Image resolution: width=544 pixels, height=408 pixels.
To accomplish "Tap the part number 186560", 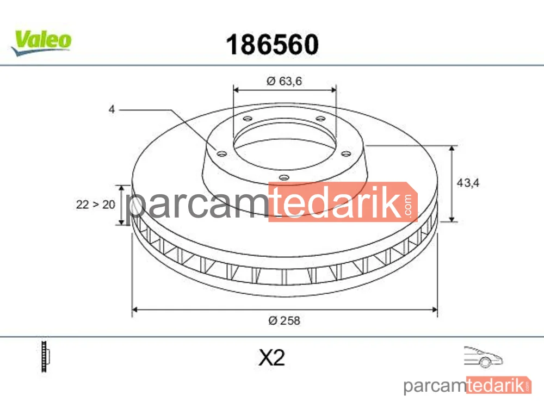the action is click(x=273, y=45).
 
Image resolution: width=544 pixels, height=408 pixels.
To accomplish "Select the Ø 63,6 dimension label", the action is click(x=284, y=81).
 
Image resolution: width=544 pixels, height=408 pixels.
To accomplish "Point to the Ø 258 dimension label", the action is click(x=284, y=320).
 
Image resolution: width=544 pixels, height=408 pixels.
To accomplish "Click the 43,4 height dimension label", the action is click(x=468, y=182).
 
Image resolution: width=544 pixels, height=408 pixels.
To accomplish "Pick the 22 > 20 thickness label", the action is click(x=95, y=205).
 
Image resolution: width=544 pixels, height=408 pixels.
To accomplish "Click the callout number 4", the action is click(x=112, y=109).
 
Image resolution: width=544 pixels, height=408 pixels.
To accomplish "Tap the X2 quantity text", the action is click(x=271, y=357).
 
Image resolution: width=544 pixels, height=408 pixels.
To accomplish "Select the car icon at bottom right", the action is click(x=483, y=357).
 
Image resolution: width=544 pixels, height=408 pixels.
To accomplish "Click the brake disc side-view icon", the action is click(x=45, y=356).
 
